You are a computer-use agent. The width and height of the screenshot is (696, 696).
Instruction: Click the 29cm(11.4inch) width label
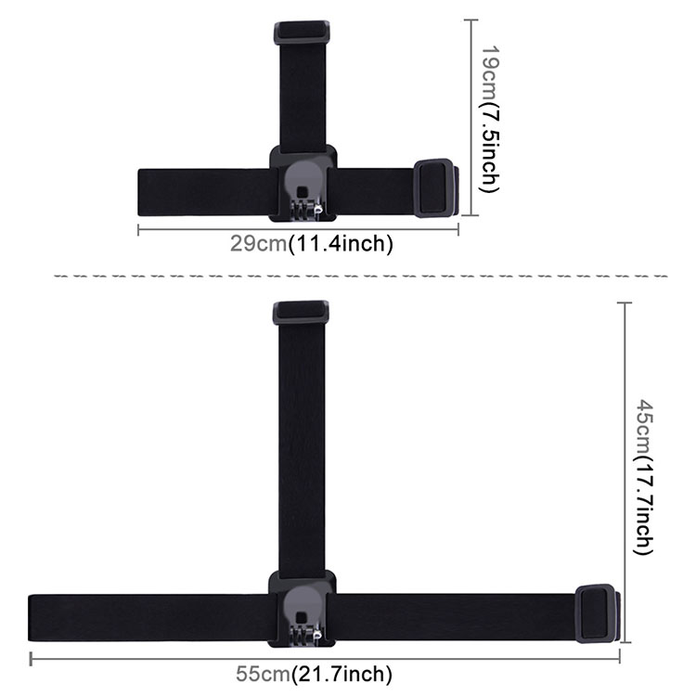pos(311,244)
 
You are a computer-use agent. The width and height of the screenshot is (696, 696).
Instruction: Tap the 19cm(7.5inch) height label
pos(490,119)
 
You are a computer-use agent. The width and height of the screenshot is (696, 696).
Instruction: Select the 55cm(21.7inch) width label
pos(314,674)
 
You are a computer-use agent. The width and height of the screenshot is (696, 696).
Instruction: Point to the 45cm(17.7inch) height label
pos(643,477)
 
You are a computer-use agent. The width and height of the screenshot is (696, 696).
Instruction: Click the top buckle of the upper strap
pos(302,32)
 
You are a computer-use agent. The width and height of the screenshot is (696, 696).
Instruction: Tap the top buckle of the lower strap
pos(301,313)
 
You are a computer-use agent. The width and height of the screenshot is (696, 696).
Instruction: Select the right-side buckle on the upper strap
pos(434,188)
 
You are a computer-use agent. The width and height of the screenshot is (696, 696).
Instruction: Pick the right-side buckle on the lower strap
pos(596,613)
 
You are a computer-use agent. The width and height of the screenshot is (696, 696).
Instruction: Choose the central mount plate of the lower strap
pos(303,609)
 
